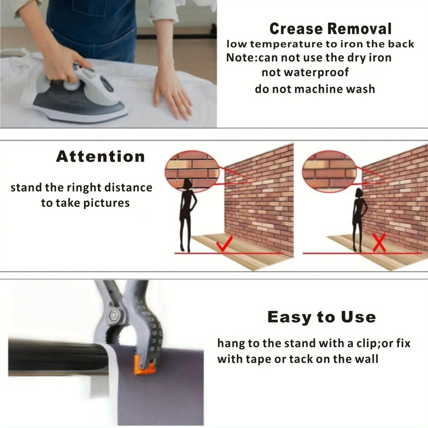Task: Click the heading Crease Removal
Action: pyautogui.click(x=330, y=29)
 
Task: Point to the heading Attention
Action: pyautogui.click(x=100, y=157)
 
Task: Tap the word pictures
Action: pyautogui.click(x=106, y=203)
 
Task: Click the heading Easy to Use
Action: pyautogui.click(x=321, y=317)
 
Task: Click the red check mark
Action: pyautogui.click(x=224, y=244)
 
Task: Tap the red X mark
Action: pyautogui.click(x=379, y=243)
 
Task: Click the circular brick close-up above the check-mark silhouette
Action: pyautogui.click(x=192, y=171)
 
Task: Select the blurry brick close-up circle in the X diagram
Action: pyautogui.click(x=330, y=172)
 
